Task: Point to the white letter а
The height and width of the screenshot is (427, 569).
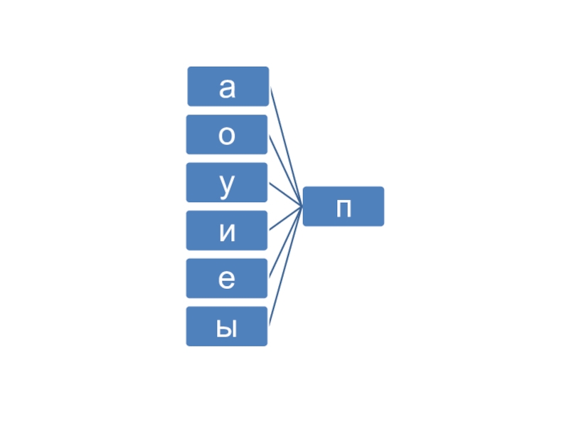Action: [227, 88]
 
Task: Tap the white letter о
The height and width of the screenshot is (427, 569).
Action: [227, 136]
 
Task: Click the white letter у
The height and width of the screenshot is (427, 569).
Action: [227, 185]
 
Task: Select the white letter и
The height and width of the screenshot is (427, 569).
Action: [227, 233]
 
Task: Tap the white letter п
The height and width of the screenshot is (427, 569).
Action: [344, 209]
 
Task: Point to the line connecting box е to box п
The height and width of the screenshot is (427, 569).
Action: [282, 248]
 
